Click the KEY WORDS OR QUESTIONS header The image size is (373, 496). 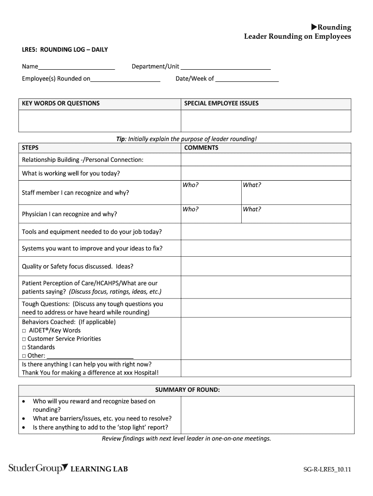tap(61, 103)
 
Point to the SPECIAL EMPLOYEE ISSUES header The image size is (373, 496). tap(221, 103)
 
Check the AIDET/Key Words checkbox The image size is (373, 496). tap(24, 331)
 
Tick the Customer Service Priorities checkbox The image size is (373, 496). tap(24, 339)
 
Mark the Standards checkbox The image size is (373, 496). tap(24, 347)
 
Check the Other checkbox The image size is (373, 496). tap(24, 356)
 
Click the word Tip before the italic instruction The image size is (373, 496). tap(121, 139)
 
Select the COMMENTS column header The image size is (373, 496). tap(201, 148)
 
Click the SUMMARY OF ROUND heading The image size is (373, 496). tap(187, 389)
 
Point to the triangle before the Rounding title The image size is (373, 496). tap(313, 27)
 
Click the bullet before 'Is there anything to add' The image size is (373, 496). tap(24, 427)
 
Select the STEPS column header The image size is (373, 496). tap(31, 148)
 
